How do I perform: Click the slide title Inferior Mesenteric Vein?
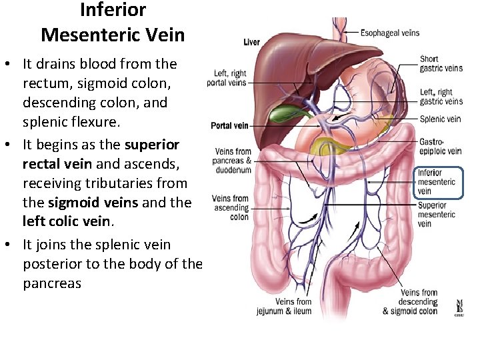point(113,22)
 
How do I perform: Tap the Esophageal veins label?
point(390,32)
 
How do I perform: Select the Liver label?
point(251,42)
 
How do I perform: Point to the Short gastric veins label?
point(441,63)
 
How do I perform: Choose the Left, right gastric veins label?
point(441,97)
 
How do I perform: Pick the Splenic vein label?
point(440,119)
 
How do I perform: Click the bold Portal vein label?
point(229,125)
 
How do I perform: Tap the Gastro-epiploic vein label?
point(441,147)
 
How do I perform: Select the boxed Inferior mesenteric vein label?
point(437,182)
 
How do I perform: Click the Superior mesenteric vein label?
point(437,214)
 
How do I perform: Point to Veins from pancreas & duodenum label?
point(232,161)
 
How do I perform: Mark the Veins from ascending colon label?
point(230,207)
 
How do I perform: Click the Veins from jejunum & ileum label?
point(285,307)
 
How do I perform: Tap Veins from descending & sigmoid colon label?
point(410,301)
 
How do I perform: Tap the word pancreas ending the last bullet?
point(52,283)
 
